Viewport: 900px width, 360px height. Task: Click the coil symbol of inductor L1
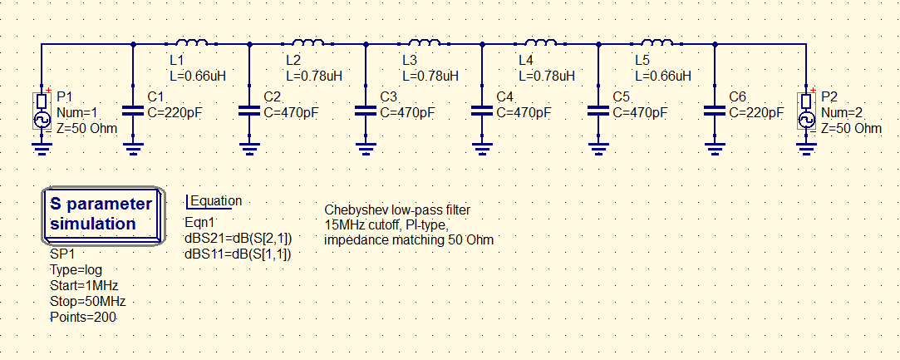(x=191, y=42)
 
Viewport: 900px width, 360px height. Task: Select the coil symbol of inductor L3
(x=424, y=42)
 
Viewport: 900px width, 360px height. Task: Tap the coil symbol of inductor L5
(x=657, y=42)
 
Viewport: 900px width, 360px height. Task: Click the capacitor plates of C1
(x=133, y=111)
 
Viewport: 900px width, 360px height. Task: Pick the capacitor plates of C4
(x=482, y=111)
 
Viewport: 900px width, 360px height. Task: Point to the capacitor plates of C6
(x=715, y=111)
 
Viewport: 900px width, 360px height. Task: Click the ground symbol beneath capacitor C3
(x=366, y=150)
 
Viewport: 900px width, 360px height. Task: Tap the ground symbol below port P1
(x=42, y=150)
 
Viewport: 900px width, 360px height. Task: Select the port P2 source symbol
(x=806, y=111)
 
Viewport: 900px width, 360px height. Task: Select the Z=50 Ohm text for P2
(x=851, y=128)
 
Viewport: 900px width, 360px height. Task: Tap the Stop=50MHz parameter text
(x=88, y=302)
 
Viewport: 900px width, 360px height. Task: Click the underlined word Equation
(x=216, y=201)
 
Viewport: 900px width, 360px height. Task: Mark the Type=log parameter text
(x=76, y=270)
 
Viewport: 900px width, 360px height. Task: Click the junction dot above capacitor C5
(x=598, y=43)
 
